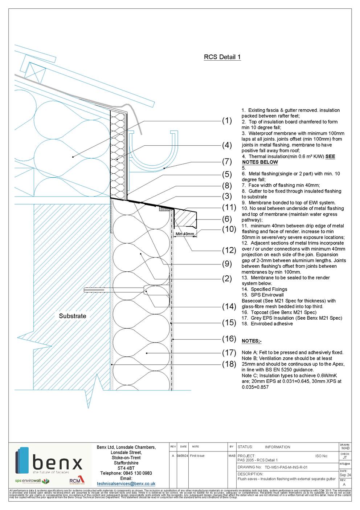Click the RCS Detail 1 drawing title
pyautogui.click(x=222, y=57)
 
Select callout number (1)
pyautogui.click(x=227, y=121)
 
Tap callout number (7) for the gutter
pyautogui.click(x=227, y=161)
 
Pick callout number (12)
pyautogui.click(x=229, y=250)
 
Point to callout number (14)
pyautogui.click(x=229, y=306)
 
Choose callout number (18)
pyautogui.click(x=229, y=364)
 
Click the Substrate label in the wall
pyautogui.click(x=73, y=316)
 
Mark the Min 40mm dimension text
pyautogui.click(x=185, y=234)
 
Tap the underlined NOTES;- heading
pyautogui.click(x=251, y=341)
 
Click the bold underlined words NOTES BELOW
pyautogui.click(x=260, y=162)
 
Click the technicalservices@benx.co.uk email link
pyautogui.click(x=126, y=484)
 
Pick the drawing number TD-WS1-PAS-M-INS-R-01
pyautogui.click(x=286, y=467)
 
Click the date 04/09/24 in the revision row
pyautogui.click(x=183, y=456)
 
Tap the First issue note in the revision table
pyautogui.click(x=197, y=456)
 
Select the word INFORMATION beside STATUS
pyautogui.click(x=277, y=447)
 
